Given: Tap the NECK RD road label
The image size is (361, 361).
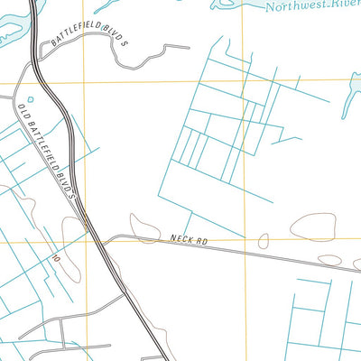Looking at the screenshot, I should [x=188, y=240].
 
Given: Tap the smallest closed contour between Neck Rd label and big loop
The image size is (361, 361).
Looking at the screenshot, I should [x=264, y=241].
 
